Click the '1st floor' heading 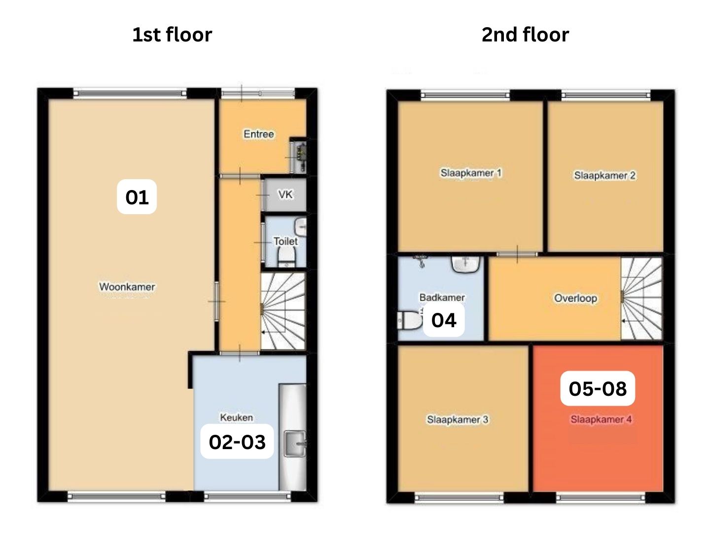(x=172, y=35)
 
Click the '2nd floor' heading (x=525, y=35)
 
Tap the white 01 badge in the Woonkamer (x=137, y=197)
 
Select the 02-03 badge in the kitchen (x=237, y=441)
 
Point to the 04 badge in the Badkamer (x=444, y=320)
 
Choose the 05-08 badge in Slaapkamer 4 (x=598, y=388)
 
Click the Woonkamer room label (x=127, y=287)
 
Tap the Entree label (x=259, y=134)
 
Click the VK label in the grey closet (x=285, y=194)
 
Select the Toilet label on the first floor (x=285, y=241)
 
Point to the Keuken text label (x=237, y=418)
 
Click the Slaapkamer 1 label (x=471, y=173)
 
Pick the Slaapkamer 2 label (x=604, y=175)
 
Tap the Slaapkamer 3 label (x=458, y=419)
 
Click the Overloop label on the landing (x=575, y=298)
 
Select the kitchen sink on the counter (x=295, y=444)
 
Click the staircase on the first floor (x=283, y=311)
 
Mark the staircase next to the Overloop (x=641, y=299)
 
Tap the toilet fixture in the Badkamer (x=410, y=320)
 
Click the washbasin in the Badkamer (x=465, y=265)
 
